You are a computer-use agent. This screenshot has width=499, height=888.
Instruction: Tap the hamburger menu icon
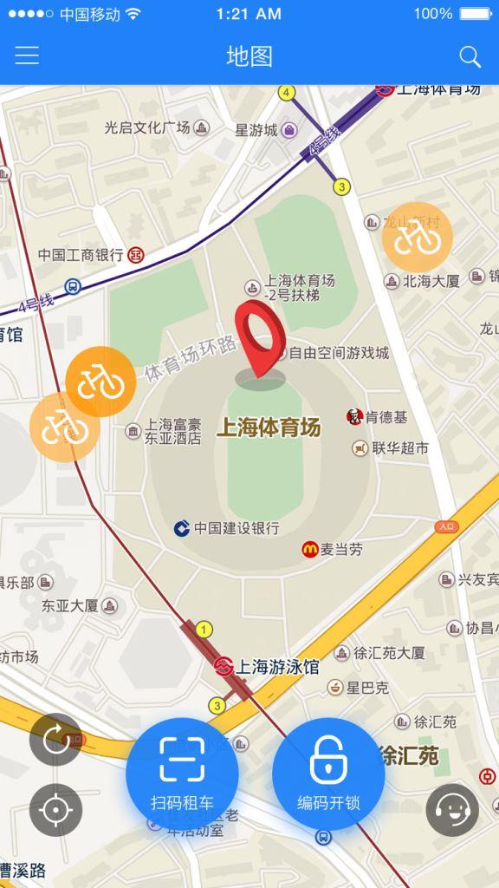[27, 56]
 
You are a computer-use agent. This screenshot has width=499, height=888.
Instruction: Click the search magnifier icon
[470, 57]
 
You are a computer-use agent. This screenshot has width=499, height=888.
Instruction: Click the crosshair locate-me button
[55, 810]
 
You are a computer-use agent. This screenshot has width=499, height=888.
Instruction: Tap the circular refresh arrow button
[55, 740]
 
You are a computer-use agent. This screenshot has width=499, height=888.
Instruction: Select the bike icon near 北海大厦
[417, 237]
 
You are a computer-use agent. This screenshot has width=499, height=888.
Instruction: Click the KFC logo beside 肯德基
[354, 417]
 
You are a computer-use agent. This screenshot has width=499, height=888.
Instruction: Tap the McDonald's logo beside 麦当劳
[309, 549]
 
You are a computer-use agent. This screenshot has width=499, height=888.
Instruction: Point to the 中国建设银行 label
[236, 528]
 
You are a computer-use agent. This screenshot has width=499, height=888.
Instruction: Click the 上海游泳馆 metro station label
[277, 667]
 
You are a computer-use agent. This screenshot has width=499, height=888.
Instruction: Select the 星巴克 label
[367, 688]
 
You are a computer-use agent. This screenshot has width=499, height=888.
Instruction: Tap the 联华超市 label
[400, 448]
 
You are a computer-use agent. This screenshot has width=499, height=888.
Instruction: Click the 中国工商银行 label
[81, 255]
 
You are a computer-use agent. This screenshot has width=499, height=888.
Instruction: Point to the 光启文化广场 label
[146, 127]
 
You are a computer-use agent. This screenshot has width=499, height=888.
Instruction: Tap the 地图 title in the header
[249, 57]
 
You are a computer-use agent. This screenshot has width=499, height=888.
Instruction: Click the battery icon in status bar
[476, 14]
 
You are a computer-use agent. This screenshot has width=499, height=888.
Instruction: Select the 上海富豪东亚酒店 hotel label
[173, 431]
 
